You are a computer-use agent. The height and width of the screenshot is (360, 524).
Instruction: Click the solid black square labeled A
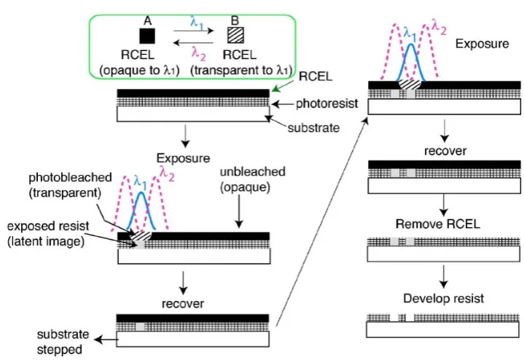[x=147, y=36]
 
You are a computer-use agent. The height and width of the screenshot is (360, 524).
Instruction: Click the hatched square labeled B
[x=235, y=35]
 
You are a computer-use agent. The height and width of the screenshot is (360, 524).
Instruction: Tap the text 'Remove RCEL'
[x=438, y=224]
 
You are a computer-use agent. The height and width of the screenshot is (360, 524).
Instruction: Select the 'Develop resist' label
[x=443, y=298]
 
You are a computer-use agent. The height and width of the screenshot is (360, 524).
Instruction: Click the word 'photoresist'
[x=326, y=103]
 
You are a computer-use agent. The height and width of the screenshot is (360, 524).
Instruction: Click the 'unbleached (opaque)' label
[x=253, y=179]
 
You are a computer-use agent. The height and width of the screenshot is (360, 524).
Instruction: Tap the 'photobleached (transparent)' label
[x=70, y=185]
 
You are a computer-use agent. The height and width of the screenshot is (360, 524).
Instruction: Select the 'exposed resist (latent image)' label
[x=48, y=234]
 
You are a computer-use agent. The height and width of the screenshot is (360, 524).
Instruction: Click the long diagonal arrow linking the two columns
[x=322, y=222]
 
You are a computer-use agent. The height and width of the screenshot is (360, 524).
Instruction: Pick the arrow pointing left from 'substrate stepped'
[x=106, y=340]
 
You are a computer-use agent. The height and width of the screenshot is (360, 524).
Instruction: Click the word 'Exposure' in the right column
[x=482, y=44]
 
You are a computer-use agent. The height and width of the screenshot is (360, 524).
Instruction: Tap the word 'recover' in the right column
[x=445, y=151]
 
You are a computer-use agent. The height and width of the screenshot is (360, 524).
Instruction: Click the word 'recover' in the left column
[x=183, y=304]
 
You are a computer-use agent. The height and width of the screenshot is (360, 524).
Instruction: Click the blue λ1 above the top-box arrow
[x=198, y=23]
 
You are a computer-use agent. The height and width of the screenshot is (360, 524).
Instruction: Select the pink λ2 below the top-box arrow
[x=198, y=53]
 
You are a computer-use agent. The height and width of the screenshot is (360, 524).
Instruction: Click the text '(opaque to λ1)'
[x=140, y=71]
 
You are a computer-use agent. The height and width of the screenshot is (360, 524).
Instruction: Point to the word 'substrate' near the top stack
[x=313, y=128]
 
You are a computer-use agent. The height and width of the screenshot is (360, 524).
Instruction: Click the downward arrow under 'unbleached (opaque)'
[x=239, y=211]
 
